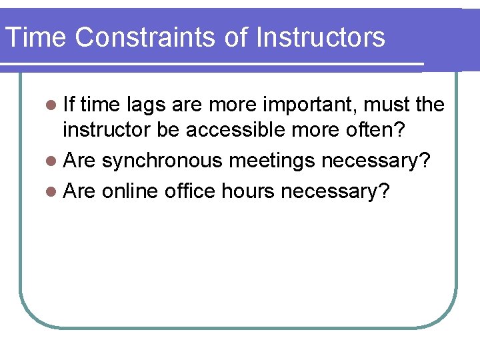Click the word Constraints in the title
pyautogui.click(x=145, y=37)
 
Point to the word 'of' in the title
pyautogui.click(x=236, y=37)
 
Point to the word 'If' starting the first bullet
pyautogui.click(x=69, y=105)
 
